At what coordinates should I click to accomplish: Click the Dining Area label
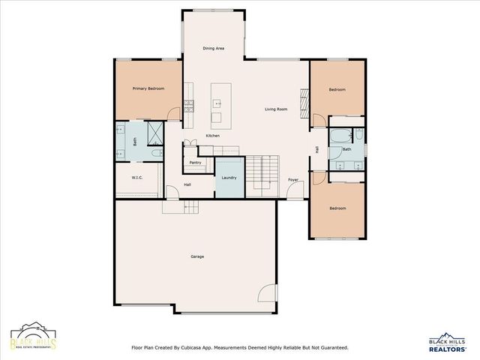[x=214, y=49]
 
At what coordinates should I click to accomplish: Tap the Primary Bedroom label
[x=148, y=88]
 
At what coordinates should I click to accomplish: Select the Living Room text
[x=276, y=109]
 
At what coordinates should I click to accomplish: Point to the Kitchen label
[x=213, y=135]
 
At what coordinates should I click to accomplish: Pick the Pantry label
[x=195, y=162]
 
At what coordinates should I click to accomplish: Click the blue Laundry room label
[x=229, y=178]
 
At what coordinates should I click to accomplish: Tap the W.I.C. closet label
[x=137, y=178]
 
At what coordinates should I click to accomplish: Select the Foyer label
[x=293, y=180]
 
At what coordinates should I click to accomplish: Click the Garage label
[x=196, y=256]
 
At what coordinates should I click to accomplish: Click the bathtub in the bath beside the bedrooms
[x=340, y=136]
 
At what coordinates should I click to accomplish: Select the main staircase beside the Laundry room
[x=263, y=176]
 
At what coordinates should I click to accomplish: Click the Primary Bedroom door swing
[x=175, y=114]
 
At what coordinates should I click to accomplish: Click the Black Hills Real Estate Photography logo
[x=32, y=337]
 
